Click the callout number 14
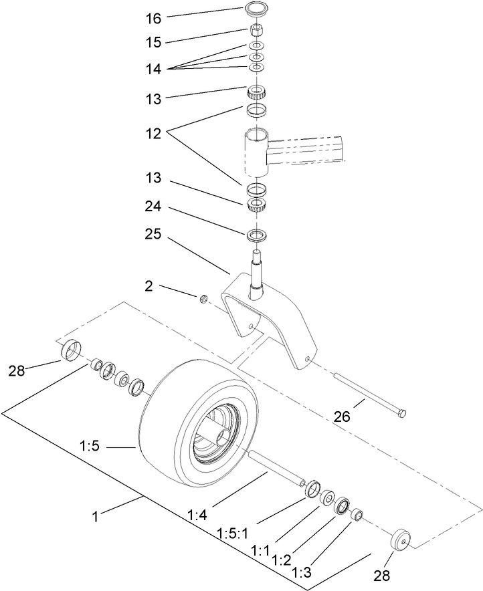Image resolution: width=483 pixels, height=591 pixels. [x=153, y=68]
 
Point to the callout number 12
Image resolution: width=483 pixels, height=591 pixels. [x=153, y=132]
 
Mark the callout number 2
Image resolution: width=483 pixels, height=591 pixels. [x=149, y=286]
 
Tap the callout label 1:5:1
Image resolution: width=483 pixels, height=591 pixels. [x=233, y=532]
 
